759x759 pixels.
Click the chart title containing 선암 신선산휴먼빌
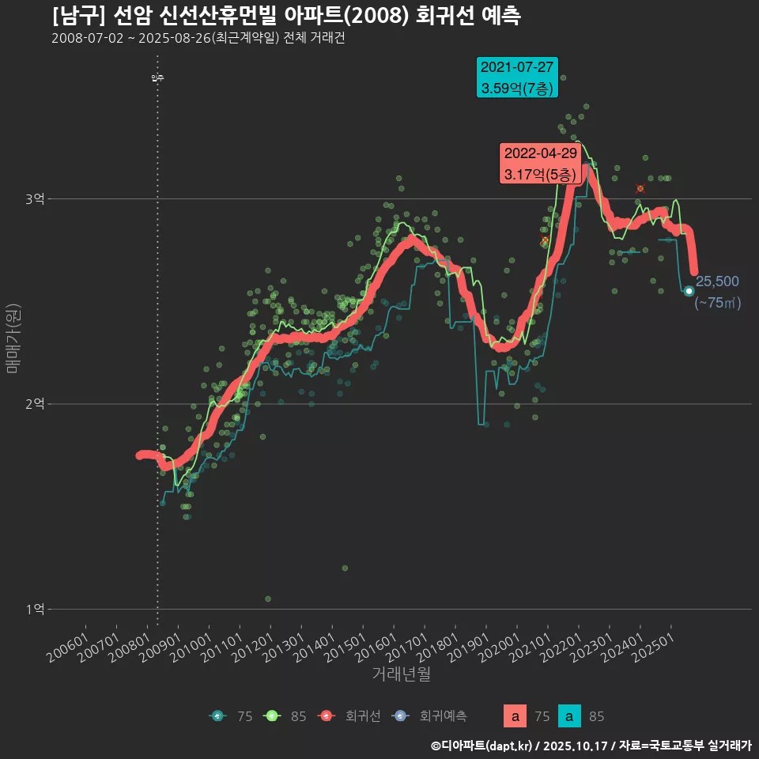tap(285, 16)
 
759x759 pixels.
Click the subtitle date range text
tap(198, 39)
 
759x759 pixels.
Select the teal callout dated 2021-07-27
tap(518, 77)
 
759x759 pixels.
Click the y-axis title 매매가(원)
tap(13, 337)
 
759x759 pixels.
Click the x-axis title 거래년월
tap(401, 674)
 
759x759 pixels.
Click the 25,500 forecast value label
tap(717, 281)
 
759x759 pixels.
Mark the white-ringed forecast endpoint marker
tap(689, 291)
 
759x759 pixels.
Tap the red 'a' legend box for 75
tap(515, 716)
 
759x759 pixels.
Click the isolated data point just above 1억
tap(268, 599)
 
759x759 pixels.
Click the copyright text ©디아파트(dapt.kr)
tap(482, 745)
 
